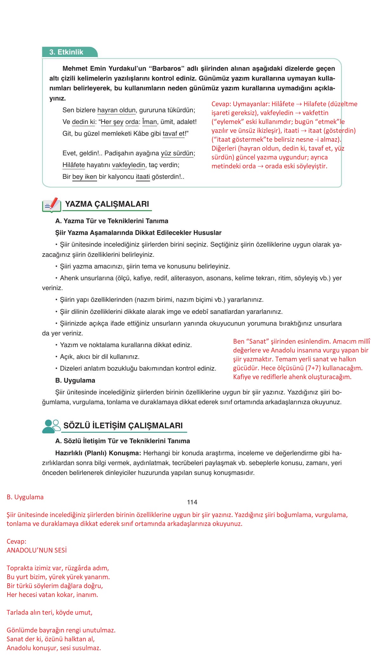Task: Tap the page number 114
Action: pyautogui.click(x=192, y=502)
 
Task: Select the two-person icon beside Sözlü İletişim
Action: pyautogui.click(x=51, y=426)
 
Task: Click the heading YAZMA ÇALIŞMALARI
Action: pyautogui.click(x=107, y=204)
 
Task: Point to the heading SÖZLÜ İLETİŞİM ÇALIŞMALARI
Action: pyautogui.click(x=123, y=426)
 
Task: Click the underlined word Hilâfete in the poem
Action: pyautogui.click(x=74, y=165)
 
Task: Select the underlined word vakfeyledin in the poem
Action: pyautogui.click(x=128, y=165)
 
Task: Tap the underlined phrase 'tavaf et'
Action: pyautogui.click(x=173, y=134)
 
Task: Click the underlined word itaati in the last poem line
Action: pyautogui.click(x=143, y=177)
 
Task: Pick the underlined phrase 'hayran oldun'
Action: pyautogui.click(x=116, y=110)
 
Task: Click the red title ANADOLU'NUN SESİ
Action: pyautogui.click(x=37, y=550)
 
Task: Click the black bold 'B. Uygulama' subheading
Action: pyautogui.click(x=75, y=380)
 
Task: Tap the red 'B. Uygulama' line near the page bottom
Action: pyautogui.click(x=25, y=497)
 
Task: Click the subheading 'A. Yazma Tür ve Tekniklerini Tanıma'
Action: pyautogui.click(x=112, y=221)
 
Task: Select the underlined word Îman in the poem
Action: pyautogui.click(x=149, y=122)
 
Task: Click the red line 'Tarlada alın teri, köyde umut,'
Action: pyautogui.click(x=49, y=612)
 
